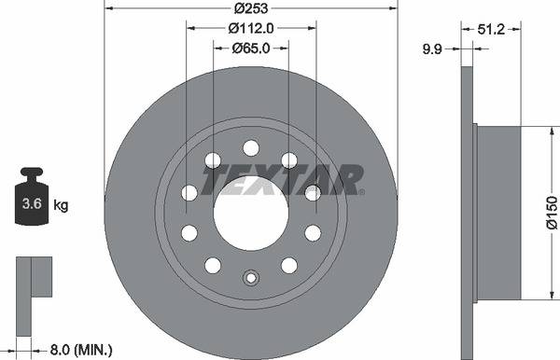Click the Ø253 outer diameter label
pyautogui.click(x=250, y=7)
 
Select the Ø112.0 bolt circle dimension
pyautogui.click(x=250, y=28)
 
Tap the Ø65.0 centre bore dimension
pyautogui.click(x=250, y=48)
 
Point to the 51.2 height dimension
pyautogui.click(x=490, y=29)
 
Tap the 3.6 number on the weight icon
pyautogui.click(x=31, y=203)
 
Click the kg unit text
pyautogui.click(x=60, y=203)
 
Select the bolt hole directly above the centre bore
pyautogui.click(x=250, y=147)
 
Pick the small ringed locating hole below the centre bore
pyautogui.click(x=250, y=278)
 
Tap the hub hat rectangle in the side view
pyautogui.click(x=497, y=213)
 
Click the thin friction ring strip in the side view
pyautogui.click(x=467, y=213)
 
